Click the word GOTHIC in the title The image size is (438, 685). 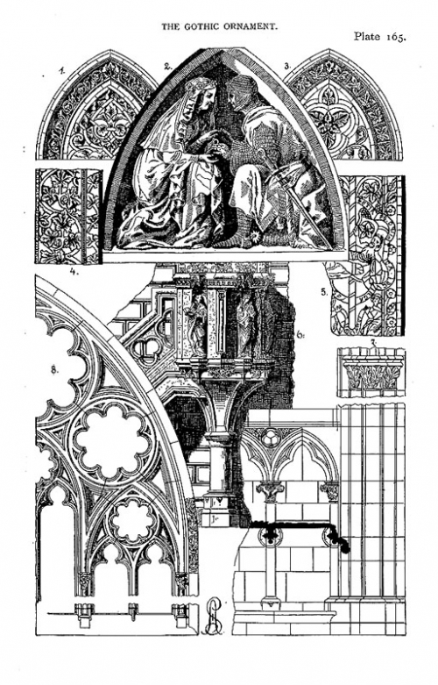(x=200, y=26)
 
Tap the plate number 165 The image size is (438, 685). (x=395, y=37)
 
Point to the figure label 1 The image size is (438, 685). (x=63, y=70)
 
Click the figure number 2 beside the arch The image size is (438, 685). (x=167, y=67)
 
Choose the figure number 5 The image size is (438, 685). (x=324, y=293)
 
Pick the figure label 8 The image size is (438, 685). (x=54, y=370)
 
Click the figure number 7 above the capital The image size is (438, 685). (x=372, y=342)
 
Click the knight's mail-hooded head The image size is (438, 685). (x=240, y=94)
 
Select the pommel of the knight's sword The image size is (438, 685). (x=261, y=153)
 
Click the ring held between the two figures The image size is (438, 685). (x=215, y=143)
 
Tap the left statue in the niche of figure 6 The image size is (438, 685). (x=196, y=325)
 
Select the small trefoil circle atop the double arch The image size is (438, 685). (x=272, y=437)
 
